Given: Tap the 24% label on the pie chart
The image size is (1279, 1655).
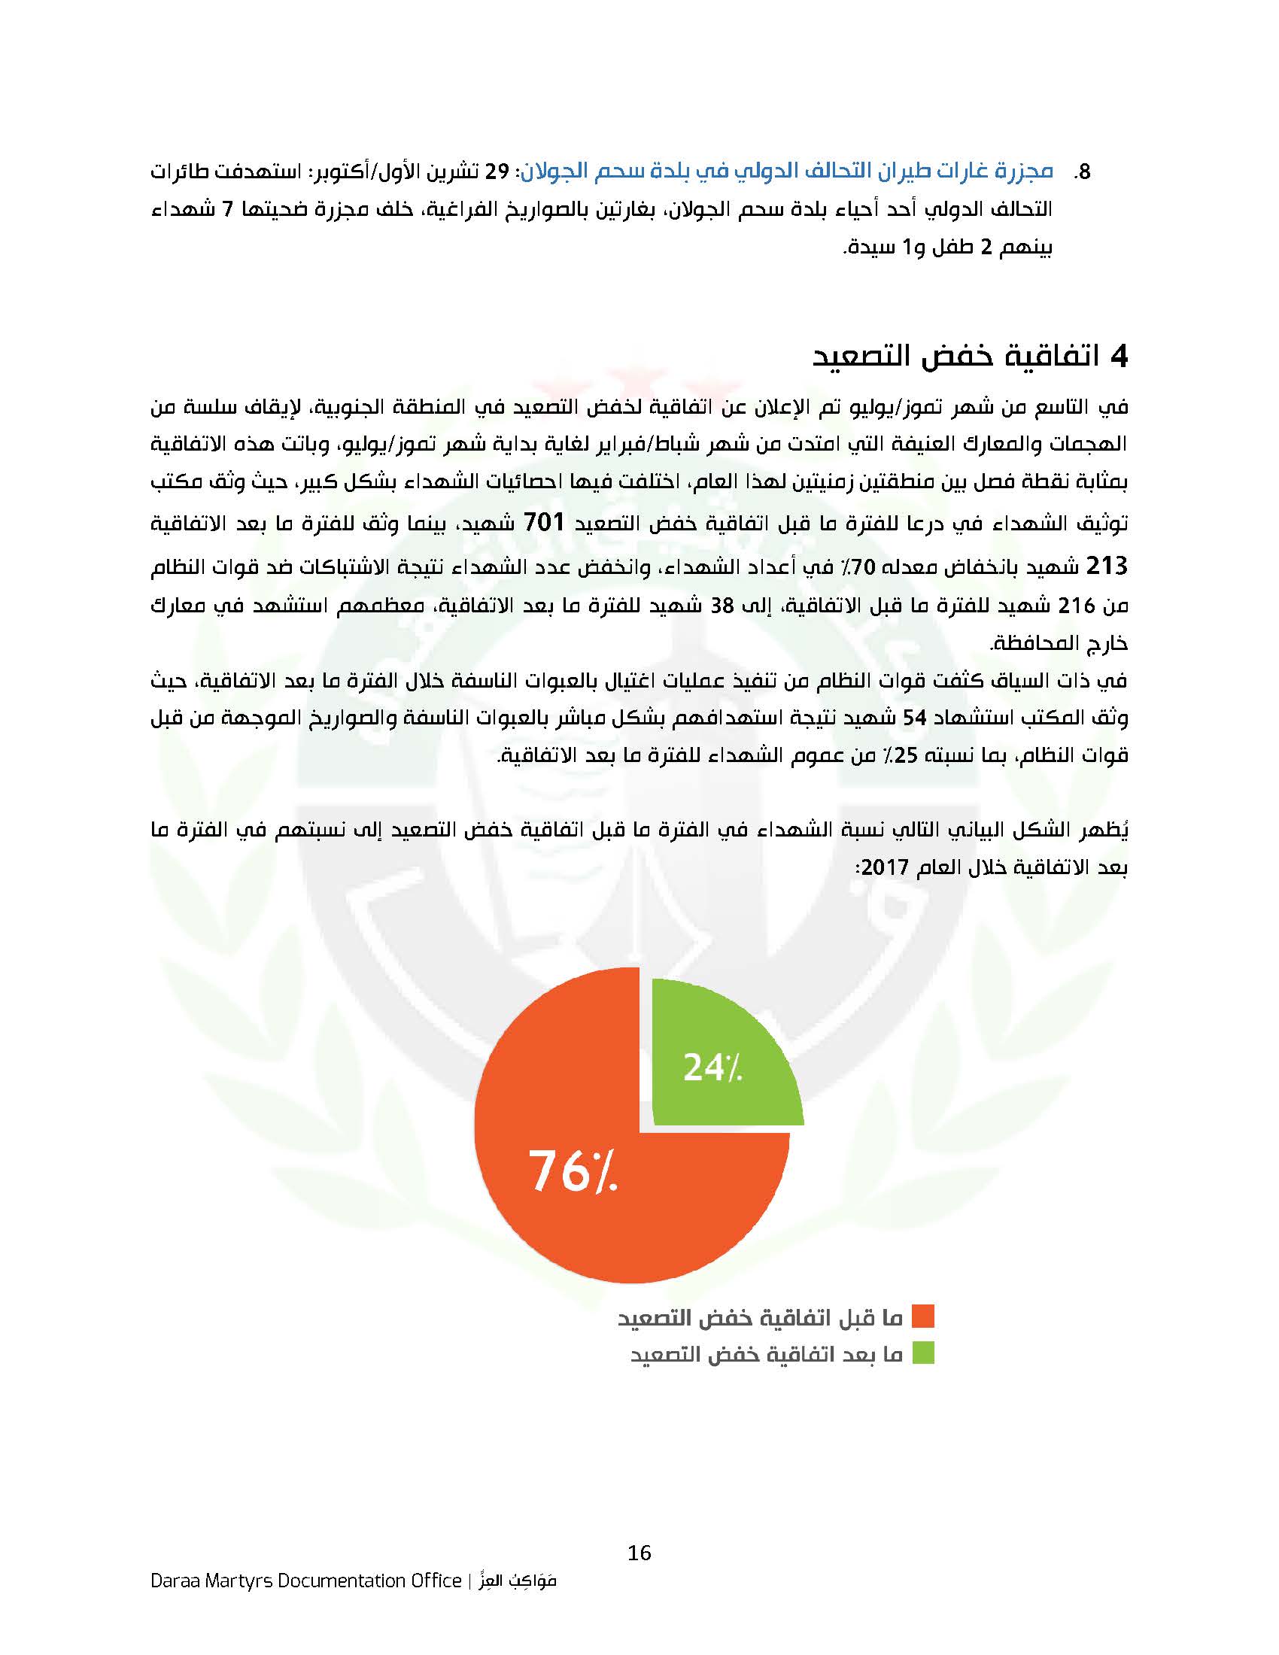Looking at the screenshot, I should tap(712, 1067).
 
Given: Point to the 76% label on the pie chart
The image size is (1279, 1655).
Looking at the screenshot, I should tap(573, 1171).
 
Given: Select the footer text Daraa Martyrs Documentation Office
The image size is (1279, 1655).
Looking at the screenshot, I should tap(305, 1581).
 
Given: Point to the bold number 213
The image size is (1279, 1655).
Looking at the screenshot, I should tap(1107, 565).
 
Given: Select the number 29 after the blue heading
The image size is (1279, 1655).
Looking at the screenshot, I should tap(499, 171).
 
